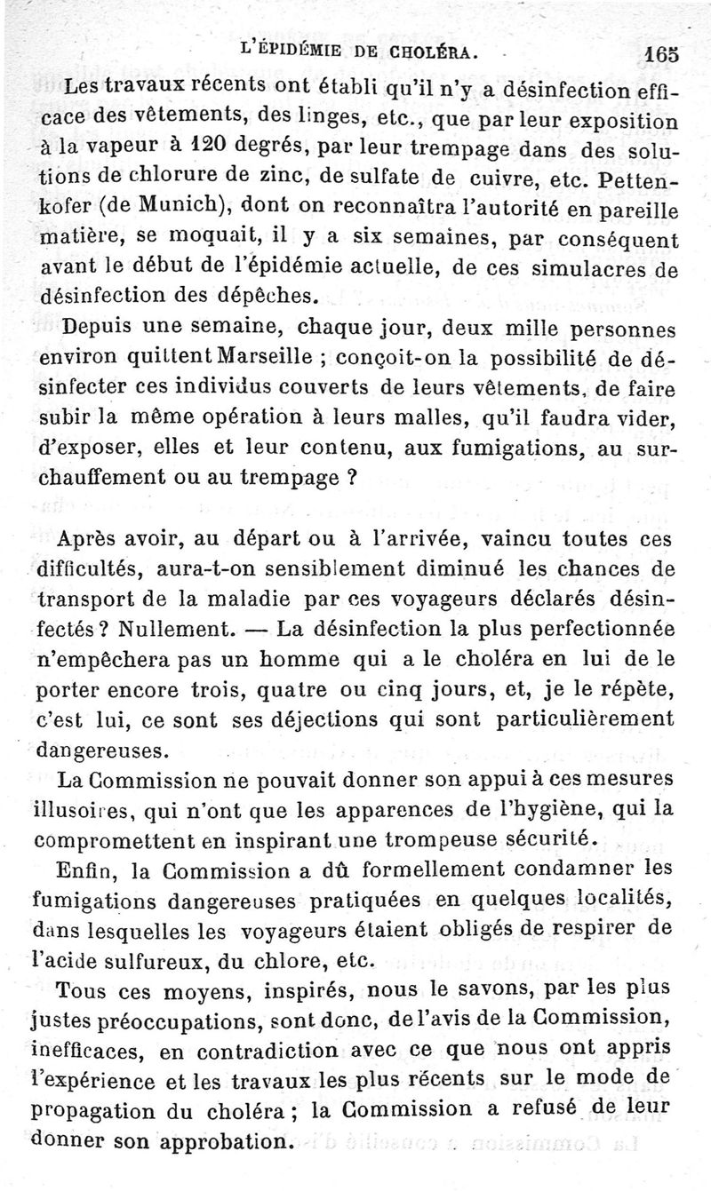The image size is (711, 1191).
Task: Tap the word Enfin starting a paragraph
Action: [x=85, y=868]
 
